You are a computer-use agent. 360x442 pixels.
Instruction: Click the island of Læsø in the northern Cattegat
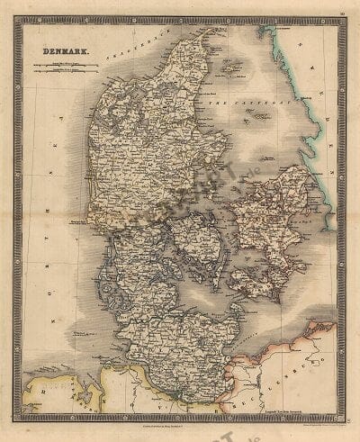(x=231, y=67)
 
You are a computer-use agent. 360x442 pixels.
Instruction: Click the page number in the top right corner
(x=343, y=12)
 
